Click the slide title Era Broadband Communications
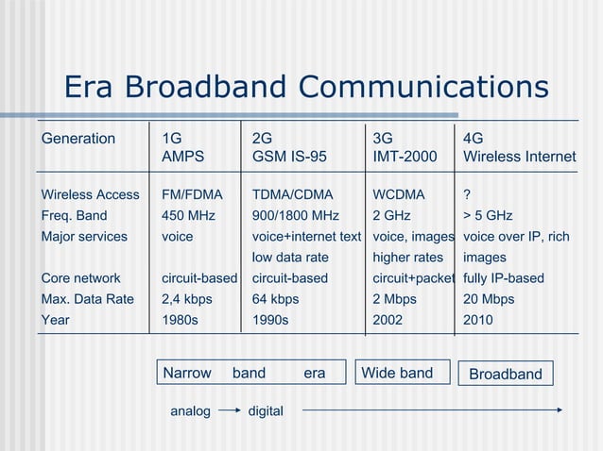click(306, 87)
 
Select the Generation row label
click(78, 139)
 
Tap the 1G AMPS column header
click(182, 147)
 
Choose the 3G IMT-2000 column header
click(405, 147)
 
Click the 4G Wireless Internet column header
click(519, 147)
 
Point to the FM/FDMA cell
click(192, 195)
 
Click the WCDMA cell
click(399, 195)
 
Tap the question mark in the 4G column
click(467, 195)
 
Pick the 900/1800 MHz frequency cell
click(295, 216)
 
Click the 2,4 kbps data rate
click(187, 299)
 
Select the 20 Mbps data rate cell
click(489, 299)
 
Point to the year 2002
click(388, 320)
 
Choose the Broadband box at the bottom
click(506, 374)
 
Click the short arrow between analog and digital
click(229, 411)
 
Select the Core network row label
click(81, 278)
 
